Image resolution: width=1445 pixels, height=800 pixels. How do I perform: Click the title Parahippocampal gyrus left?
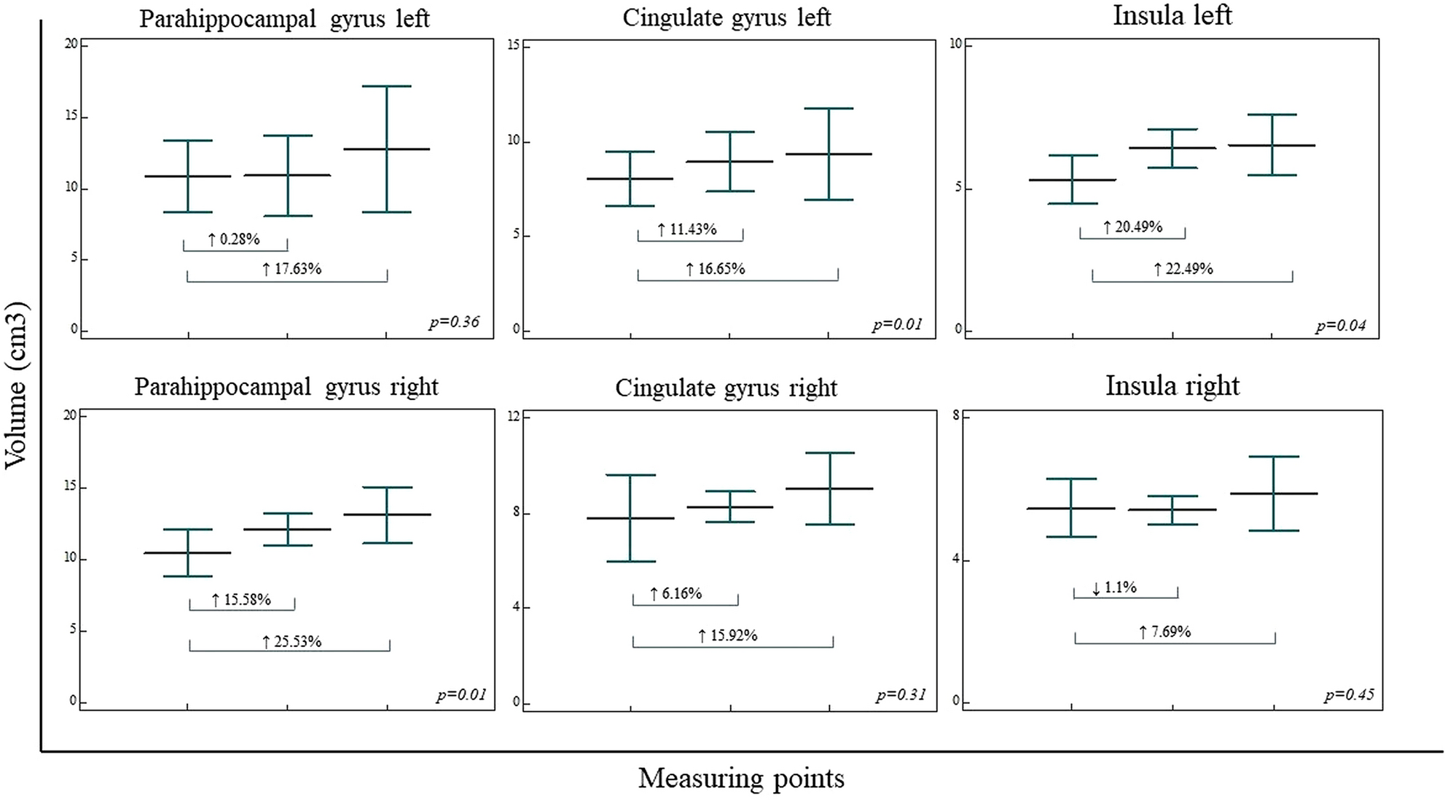point(284,18)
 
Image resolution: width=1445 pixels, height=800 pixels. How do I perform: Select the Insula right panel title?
point(1172,385)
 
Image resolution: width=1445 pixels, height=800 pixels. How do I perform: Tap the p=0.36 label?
point(454,321)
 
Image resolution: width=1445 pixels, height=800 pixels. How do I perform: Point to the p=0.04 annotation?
point(1340,326)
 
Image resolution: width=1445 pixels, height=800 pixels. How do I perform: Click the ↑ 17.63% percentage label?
point(291,269)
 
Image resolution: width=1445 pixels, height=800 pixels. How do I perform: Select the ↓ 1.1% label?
point(1114,587)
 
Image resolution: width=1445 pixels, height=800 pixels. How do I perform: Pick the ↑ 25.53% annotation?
point(291,642)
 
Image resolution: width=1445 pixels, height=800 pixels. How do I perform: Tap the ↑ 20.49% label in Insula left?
point(1132,227)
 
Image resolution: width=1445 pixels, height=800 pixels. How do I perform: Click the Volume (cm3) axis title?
point(16,386)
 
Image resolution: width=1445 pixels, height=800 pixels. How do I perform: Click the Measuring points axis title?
point(741,778)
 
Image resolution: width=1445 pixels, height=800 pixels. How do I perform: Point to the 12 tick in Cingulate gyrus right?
point(514,416)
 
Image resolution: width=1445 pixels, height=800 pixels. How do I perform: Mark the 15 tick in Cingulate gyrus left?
point(513,45)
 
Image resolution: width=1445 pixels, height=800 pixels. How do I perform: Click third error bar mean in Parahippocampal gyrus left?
point(387,149)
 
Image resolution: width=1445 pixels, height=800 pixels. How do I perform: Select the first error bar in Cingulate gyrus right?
point(630,518)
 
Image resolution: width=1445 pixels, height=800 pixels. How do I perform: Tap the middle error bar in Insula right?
point(1172,509)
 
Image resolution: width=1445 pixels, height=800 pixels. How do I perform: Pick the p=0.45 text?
point(1349,694)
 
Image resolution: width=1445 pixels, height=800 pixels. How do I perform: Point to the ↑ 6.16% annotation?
point(675,594)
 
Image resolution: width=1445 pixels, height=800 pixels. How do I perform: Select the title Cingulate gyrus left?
point(726,17)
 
